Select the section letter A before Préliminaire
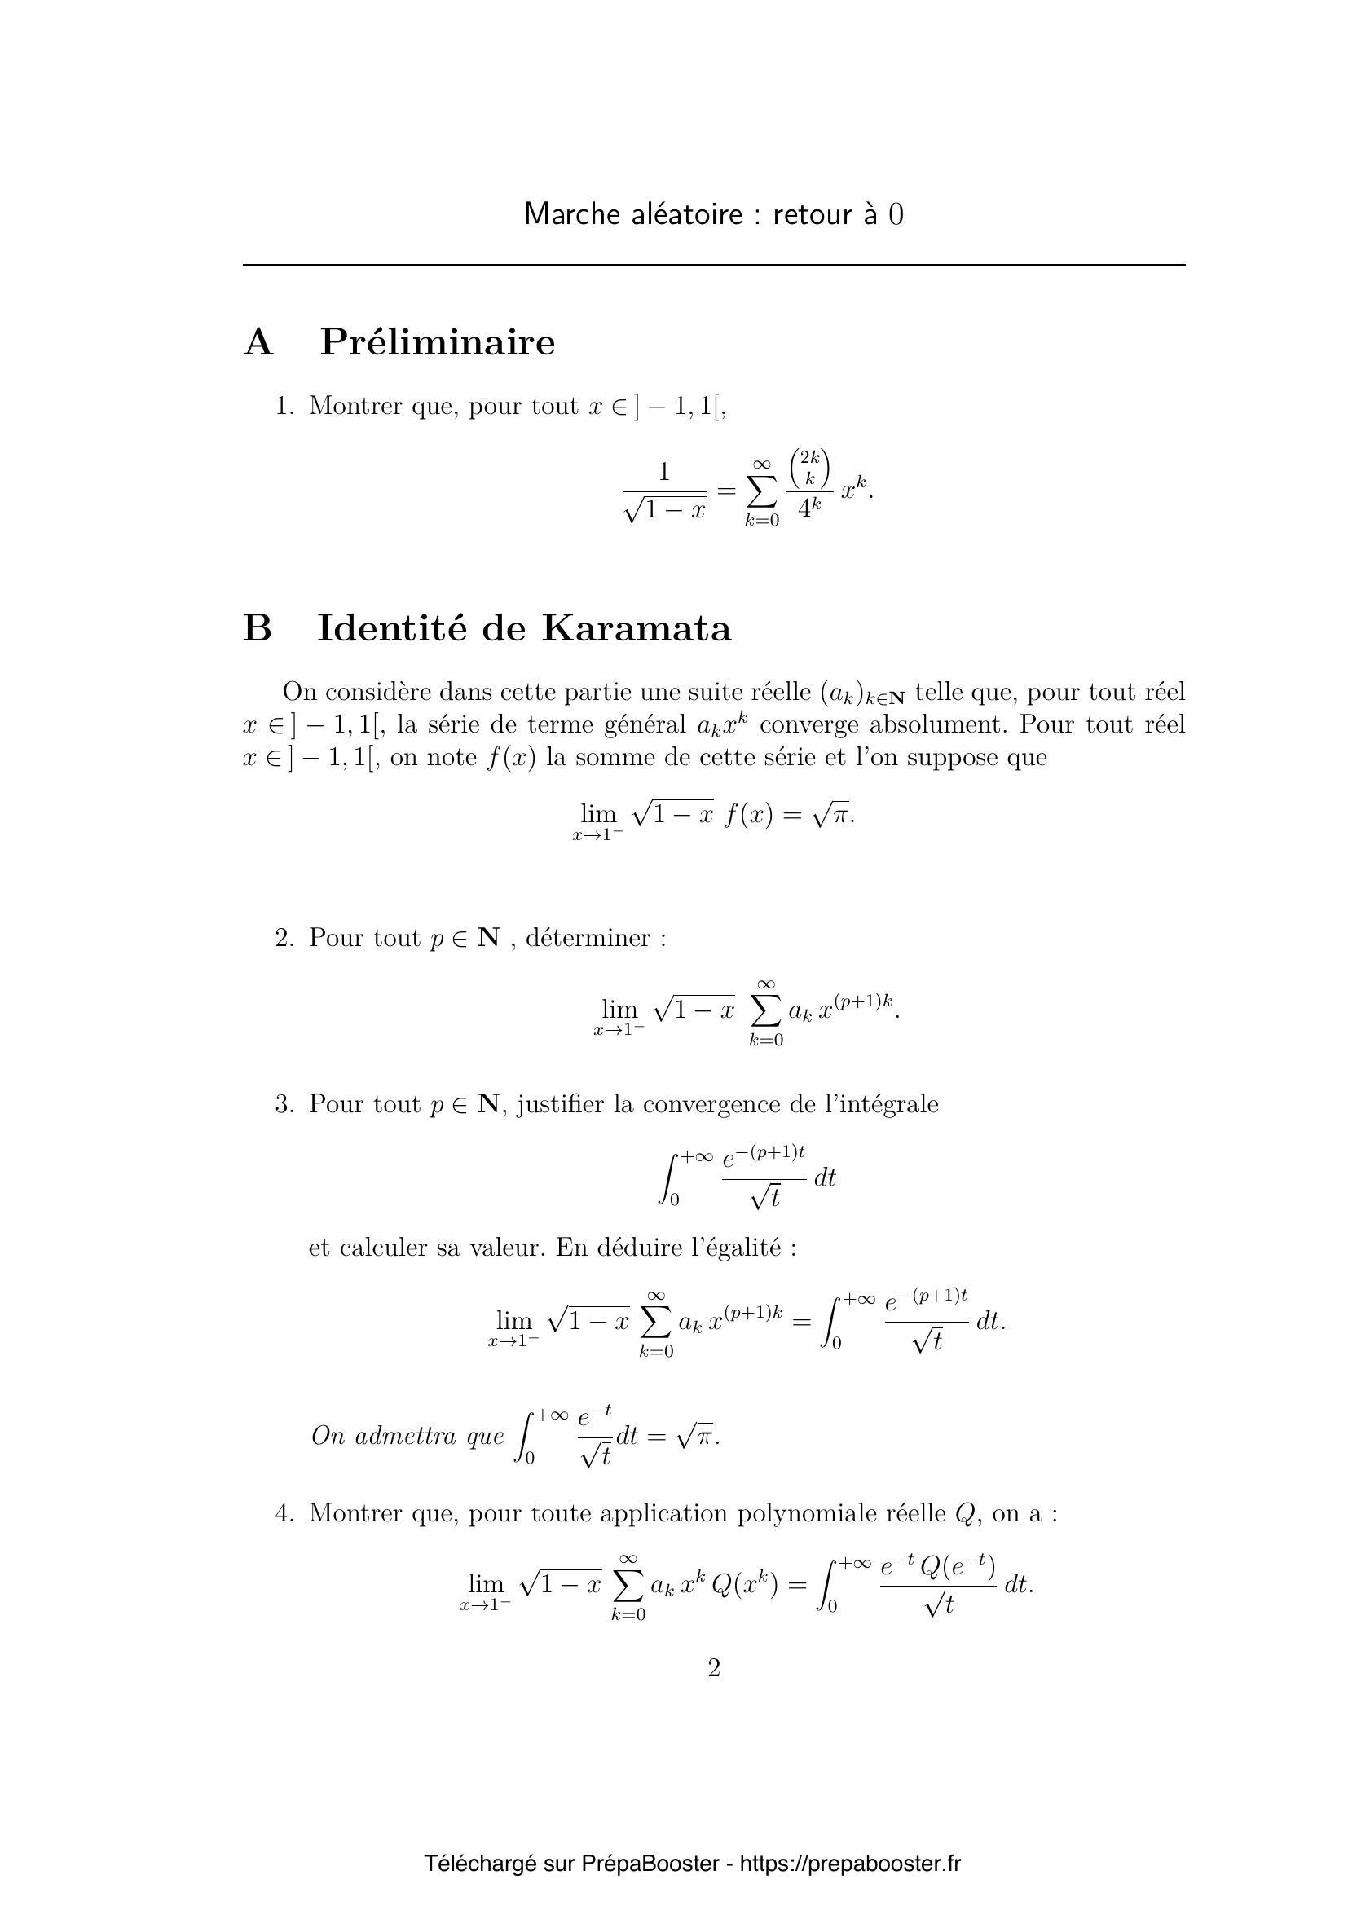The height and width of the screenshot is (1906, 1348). (x=258, y=342)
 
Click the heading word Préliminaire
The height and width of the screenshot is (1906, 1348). (x=438, y=342)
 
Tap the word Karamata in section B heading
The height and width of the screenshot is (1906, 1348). (x=637, y=628)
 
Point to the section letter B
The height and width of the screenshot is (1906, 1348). (x=258, y=628)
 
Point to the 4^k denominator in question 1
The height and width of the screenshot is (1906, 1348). (x=809, y=507)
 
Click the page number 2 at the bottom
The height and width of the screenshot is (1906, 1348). (x=714, y=1668)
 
